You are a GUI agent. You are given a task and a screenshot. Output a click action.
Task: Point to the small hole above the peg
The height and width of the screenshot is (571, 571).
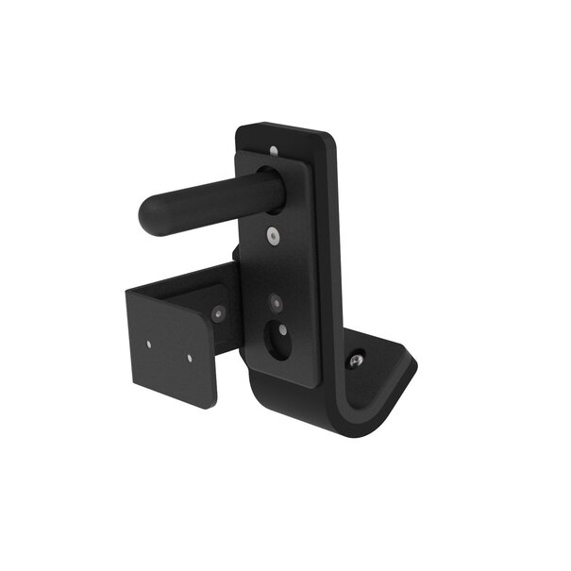(x=274, y=150)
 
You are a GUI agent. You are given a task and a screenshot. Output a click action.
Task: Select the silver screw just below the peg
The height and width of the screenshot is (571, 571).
(x=272, y=238)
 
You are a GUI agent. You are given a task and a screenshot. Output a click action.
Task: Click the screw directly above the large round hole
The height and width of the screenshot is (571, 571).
(x=275, y=304)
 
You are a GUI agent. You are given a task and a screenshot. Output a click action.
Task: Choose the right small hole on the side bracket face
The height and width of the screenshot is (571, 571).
(x=190, y=358)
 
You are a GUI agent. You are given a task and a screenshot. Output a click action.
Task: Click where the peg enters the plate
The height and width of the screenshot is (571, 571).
(x=270, y=188)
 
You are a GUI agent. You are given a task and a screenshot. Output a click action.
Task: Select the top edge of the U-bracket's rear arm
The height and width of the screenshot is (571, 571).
(x=189, y=276)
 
